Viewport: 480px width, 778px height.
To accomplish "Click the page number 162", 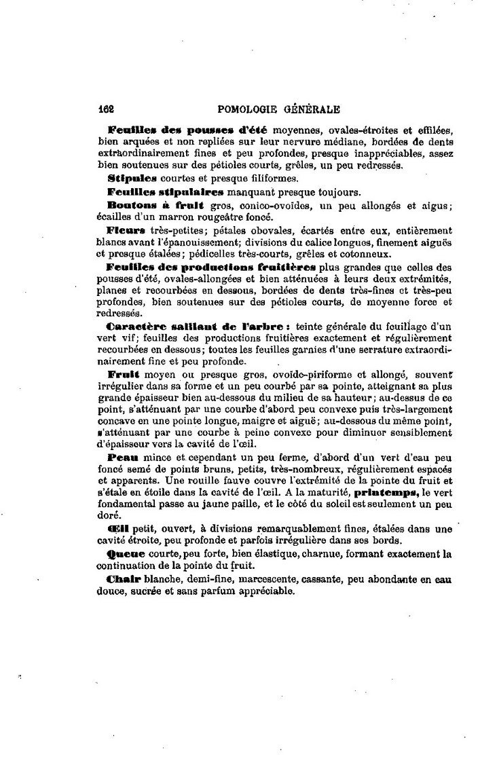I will pos(105,108).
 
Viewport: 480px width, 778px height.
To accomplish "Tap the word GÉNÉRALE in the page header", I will pos(313,108).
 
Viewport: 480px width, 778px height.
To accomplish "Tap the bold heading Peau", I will pos(122,458).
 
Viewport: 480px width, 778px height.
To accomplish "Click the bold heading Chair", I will pos(123,579).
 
